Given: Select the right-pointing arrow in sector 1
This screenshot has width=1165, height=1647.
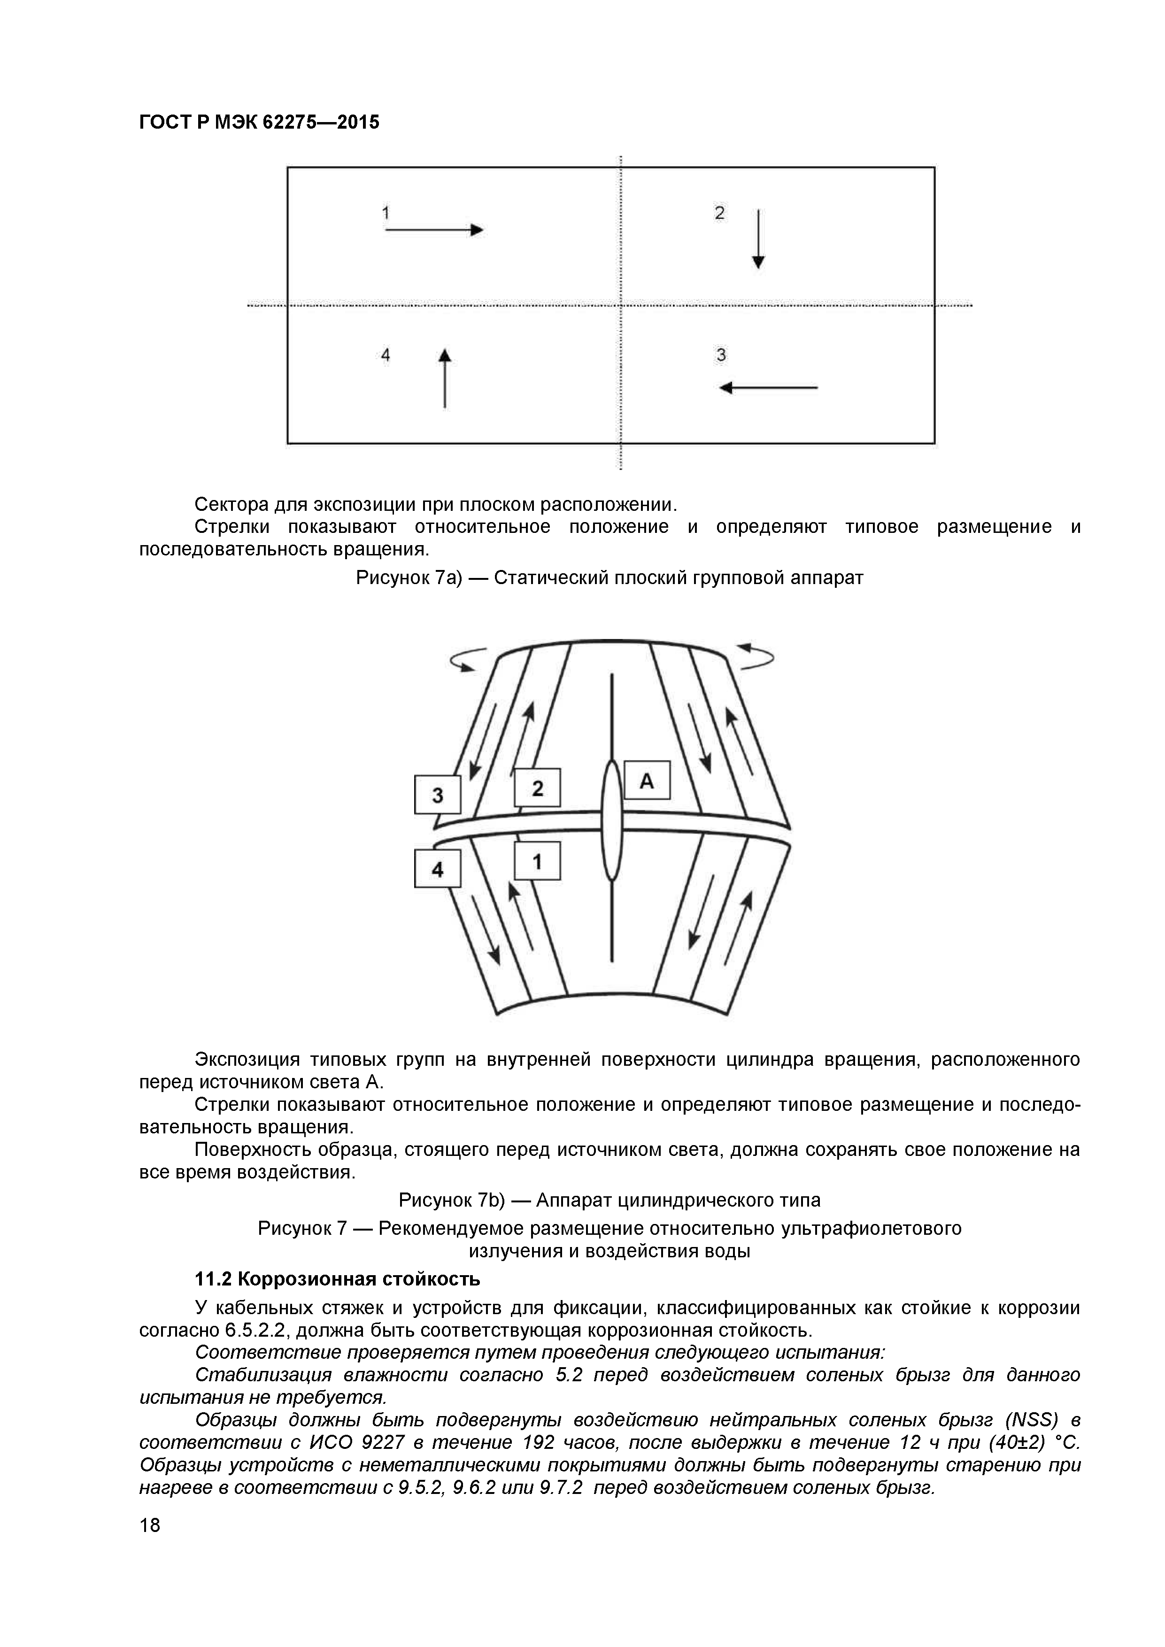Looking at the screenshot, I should coord(434,230).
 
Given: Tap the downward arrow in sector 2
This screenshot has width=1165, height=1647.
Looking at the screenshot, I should coord(758,239).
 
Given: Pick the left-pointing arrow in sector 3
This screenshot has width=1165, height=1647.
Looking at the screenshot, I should coord(768,388).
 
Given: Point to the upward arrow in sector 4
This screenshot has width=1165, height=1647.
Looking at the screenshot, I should coord(445,378).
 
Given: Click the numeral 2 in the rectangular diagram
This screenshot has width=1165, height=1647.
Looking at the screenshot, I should coord(719,213).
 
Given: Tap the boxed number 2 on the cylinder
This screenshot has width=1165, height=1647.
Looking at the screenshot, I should coord(537,788).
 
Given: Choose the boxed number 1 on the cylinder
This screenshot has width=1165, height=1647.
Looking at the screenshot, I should coord(537,861).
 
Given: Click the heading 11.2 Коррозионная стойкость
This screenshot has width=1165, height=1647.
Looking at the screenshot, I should coord(337,1279).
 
